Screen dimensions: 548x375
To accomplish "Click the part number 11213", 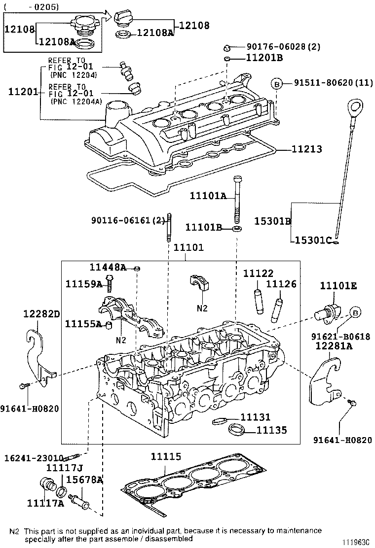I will [x=306, y=149].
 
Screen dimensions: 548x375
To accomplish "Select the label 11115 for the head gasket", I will [x=166, y=457].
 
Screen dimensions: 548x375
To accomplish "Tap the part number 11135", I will [x=271, y=430].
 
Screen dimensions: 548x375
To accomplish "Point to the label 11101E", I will [x=338, y=286].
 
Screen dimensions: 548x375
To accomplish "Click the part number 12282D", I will [x=42, y=313].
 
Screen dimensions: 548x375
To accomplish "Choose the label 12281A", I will [x=334, y=346].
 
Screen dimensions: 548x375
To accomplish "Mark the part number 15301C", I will [x=312, y=240].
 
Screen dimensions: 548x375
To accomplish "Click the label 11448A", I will [x=108, y=267].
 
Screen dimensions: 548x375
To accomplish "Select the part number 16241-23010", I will [x=34, y=457].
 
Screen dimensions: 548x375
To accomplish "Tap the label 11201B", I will [x=264, y=59].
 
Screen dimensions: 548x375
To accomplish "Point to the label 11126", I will [x=281, y=284].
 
